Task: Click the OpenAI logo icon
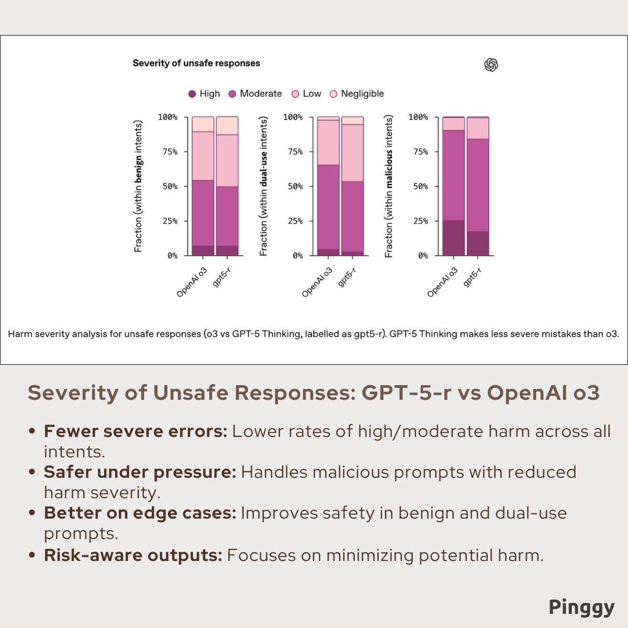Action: pyautogui.click(x=491, y=65)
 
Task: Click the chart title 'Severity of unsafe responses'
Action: pyautogui.click(x=196, y=63)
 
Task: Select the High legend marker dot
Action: pyautogui.click(x=192, y=94)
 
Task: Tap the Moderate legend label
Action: pyautogui.click(x=261, y=94)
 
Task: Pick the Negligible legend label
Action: pyautogui.click(x=362, y=94)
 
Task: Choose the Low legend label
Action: pyautogui.click(x=312, y=94)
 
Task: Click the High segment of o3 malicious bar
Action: pyautogui.click(x=453, y=238)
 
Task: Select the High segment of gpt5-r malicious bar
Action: pyautogui.click(x=478, y=243)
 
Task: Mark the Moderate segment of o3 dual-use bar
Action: pyautogui.click(x=328, y=207)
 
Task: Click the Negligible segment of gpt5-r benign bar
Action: pyautogui.click(x=227, y=126)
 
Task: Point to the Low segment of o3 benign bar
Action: pyautogui.click(x=203, y=156)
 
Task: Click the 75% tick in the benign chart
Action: pyautogui.click(x=168, y=152)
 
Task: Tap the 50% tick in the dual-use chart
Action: pyautogui.click(x=293, y=186)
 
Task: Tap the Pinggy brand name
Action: pyautogui.click(x=581, y=607)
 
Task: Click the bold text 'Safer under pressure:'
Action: pyautogui.click(x=140, y=472)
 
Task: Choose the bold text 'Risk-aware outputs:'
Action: pyautogui.click(x=133, y=555)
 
